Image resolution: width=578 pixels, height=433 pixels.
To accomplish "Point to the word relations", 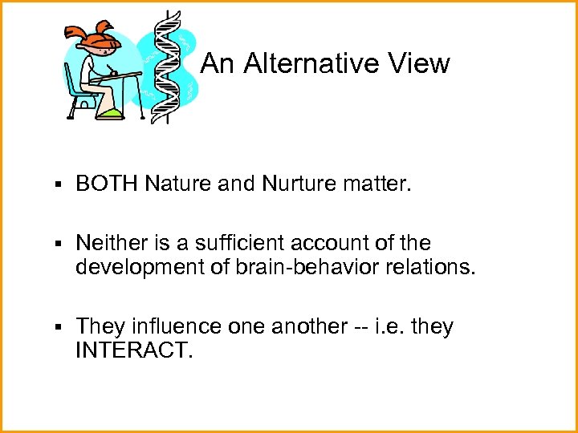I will click(430, 265).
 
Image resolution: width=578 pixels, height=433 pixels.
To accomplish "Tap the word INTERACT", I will click(134, 350).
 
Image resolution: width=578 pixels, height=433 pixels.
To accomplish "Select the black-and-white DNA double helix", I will click(170, 68).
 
